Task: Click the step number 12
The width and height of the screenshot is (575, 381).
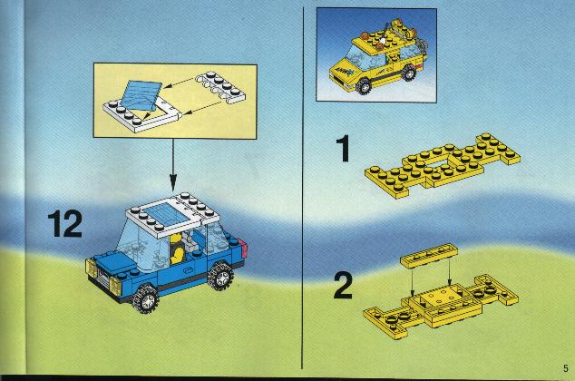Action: coord(65,223)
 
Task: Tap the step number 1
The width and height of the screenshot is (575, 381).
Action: coord(344,148)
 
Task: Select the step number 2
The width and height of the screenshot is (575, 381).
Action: coord(343,285)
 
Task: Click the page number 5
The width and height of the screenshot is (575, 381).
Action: coord(566,368)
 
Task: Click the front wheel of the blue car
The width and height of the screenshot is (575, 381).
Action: coord(146,298)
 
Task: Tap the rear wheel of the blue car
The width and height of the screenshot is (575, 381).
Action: coord(220,277)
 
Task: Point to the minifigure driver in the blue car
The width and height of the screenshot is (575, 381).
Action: coord(178,249)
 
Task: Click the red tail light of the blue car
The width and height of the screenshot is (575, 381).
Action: coord(243,247)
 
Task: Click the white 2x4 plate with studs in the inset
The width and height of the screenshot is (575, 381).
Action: coord(221,88)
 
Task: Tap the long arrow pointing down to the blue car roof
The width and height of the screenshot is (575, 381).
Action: coord(172,165)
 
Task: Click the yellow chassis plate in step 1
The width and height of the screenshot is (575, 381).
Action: coord(443,165)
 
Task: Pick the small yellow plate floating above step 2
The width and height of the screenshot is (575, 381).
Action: coord(429,255)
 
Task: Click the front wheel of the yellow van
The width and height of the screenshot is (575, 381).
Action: coord(364,86)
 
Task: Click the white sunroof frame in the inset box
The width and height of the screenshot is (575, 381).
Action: coord(141,112)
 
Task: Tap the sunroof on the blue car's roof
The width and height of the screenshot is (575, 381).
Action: coord(166,214)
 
